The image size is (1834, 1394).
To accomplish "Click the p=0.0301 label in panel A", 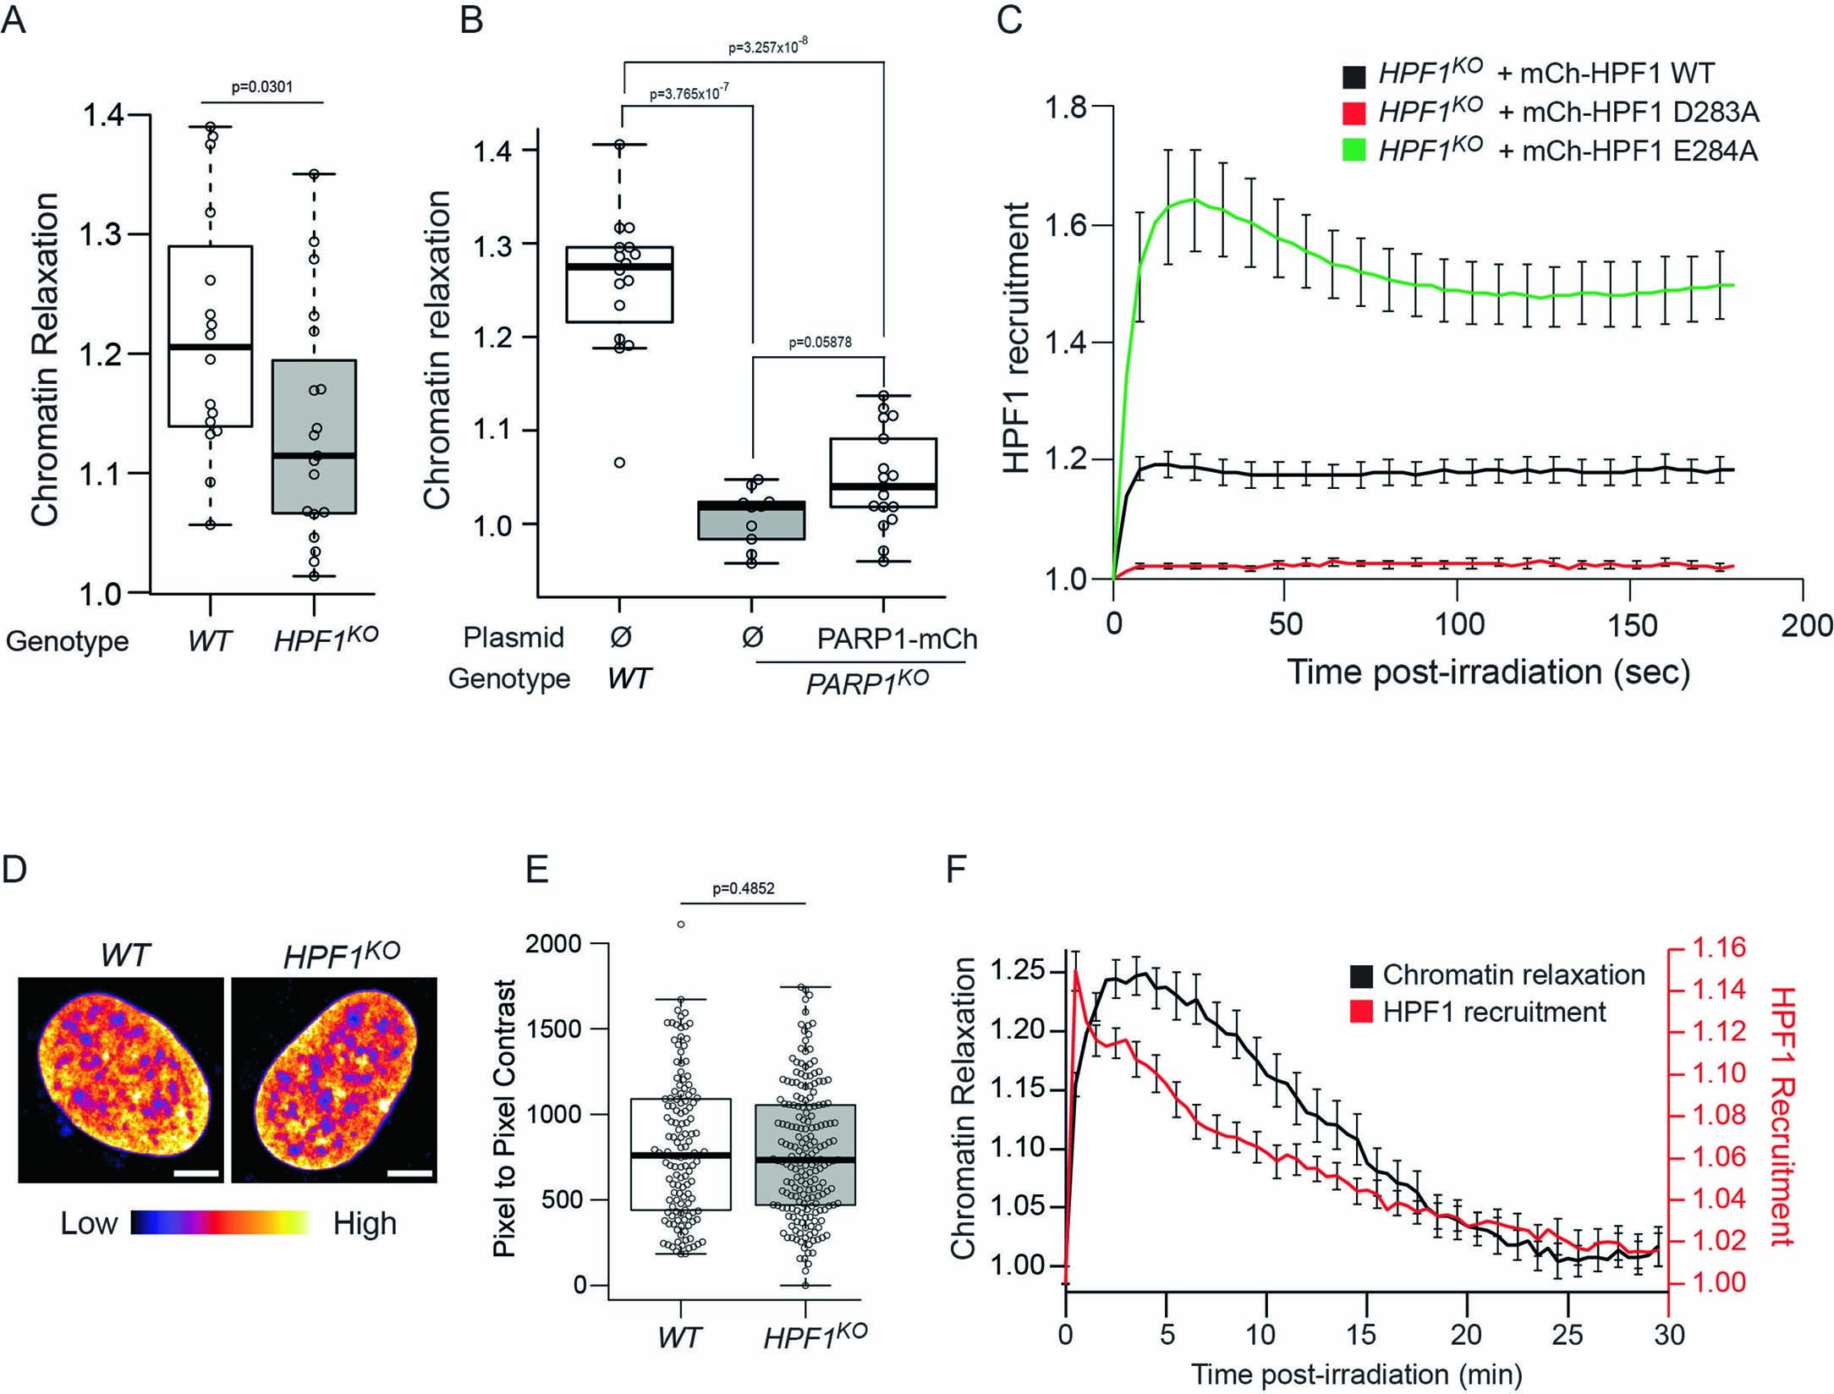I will click(262, 87).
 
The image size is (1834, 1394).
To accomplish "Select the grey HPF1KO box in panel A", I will click(314, 436).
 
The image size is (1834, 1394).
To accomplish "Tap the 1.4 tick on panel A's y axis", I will click(102, 116).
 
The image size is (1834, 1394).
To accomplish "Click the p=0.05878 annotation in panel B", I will click(820, 343).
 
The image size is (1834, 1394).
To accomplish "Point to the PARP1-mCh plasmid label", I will click(897, 639).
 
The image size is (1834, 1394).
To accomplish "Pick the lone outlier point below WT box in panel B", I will click(619, 463).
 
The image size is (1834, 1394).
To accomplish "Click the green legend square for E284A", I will click(1354, 151).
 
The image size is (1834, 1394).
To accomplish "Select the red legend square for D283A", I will click(1354, 113).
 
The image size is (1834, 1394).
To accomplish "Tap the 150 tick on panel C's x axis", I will click(1631, 625).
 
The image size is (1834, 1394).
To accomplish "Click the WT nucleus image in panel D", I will click(120, 1080).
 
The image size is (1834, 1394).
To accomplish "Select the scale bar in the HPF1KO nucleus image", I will click(410, 1174).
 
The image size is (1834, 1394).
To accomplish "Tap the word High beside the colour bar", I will click(365, 1224).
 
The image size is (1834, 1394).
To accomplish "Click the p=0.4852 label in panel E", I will click(743, 888).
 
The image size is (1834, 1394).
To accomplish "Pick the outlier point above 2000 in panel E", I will click(680, 925).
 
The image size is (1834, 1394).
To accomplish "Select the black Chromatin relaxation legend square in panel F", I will click(1361, 975).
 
